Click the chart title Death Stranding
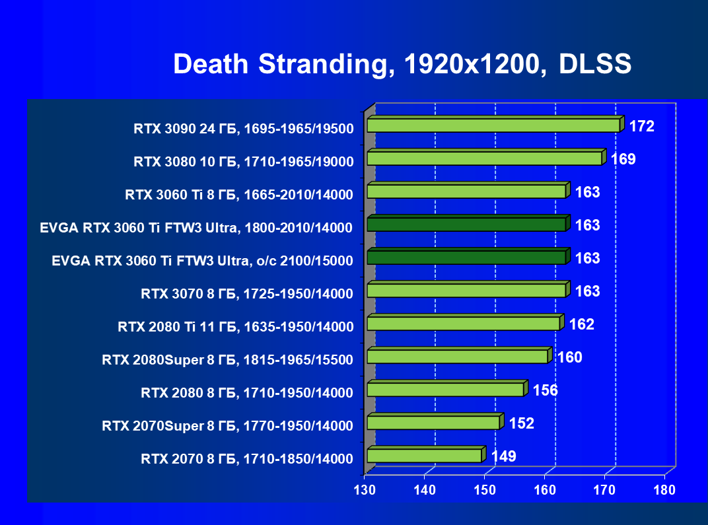coord(402,64)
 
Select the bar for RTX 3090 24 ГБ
coord(493,125)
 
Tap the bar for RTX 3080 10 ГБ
coord(484,158)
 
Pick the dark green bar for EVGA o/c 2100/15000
coord(466,258)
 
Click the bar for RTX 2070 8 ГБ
coord(424,456)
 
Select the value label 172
coord(641,126)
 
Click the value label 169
coord(623,159)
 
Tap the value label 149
coord(503,456)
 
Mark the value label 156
coord(545,390)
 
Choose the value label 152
coord(521,423)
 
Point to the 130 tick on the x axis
coord(365,490)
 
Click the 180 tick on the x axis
coord(664,490)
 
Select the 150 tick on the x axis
coord(485,490)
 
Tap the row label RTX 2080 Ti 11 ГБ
coord(235,326)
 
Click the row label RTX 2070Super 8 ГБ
coord(227,425)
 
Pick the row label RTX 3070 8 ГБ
coord(247,293)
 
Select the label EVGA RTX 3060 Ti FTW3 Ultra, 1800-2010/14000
coord(196,228)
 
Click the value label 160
coord(569,357)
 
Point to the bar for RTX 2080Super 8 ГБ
coord(457,357)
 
